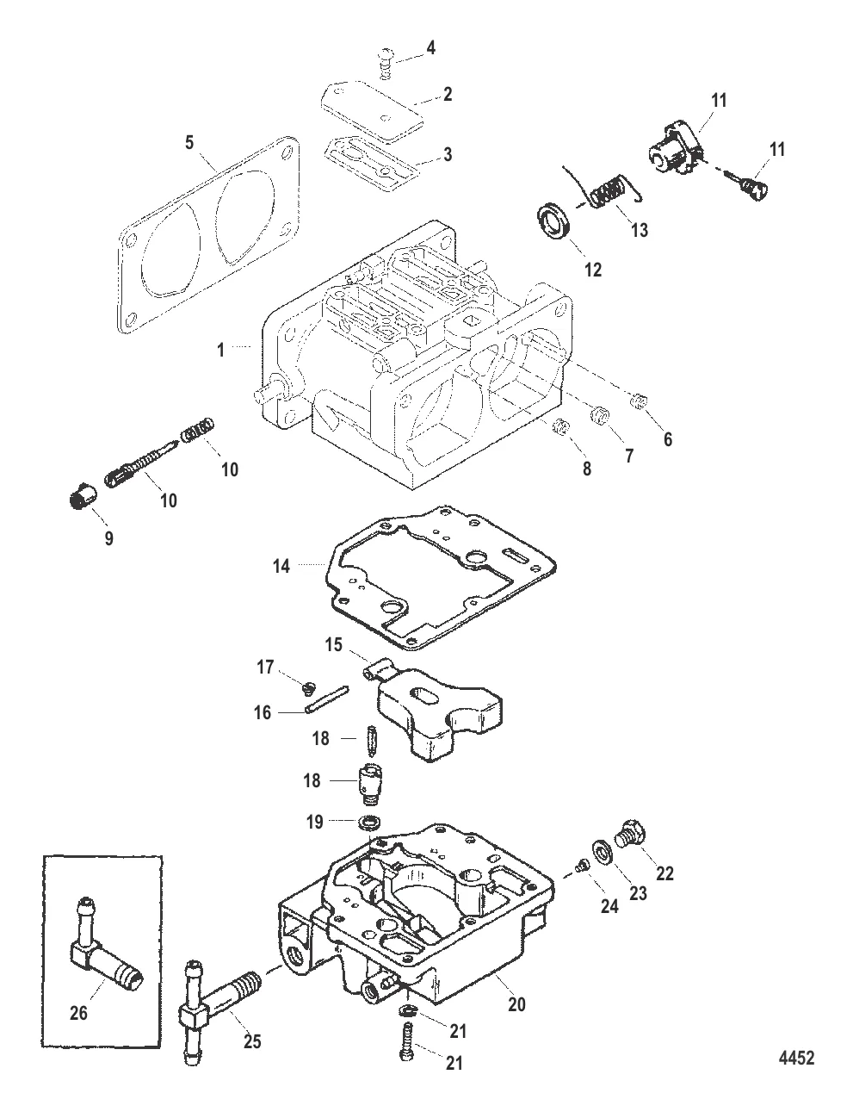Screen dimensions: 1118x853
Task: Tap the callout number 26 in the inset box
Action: point(78,1014)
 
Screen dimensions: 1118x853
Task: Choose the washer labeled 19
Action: point(372,820)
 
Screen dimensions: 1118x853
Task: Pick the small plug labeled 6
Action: point(638,401)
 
